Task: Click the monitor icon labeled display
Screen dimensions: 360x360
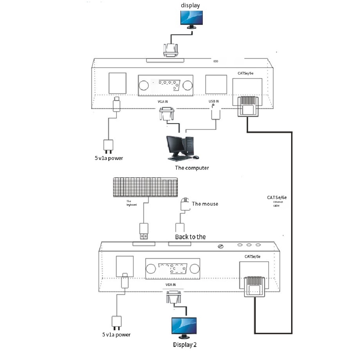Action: (192, 19)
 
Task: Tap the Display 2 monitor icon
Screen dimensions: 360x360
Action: (184, 327)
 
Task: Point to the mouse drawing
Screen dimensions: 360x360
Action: (184, 205)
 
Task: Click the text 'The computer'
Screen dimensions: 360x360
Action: (192, 168)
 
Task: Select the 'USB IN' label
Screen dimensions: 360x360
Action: (213, 101)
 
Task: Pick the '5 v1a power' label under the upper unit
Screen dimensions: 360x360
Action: (109, 158)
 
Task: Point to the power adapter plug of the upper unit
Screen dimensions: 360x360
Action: (108, 145)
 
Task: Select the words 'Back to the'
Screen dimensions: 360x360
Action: (190, 237)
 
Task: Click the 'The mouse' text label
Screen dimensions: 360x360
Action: (205, 204)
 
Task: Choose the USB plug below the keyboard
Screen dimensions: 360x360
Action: (144, 231)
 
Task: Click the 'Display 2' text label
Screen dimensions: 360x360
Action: (185, 345)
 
